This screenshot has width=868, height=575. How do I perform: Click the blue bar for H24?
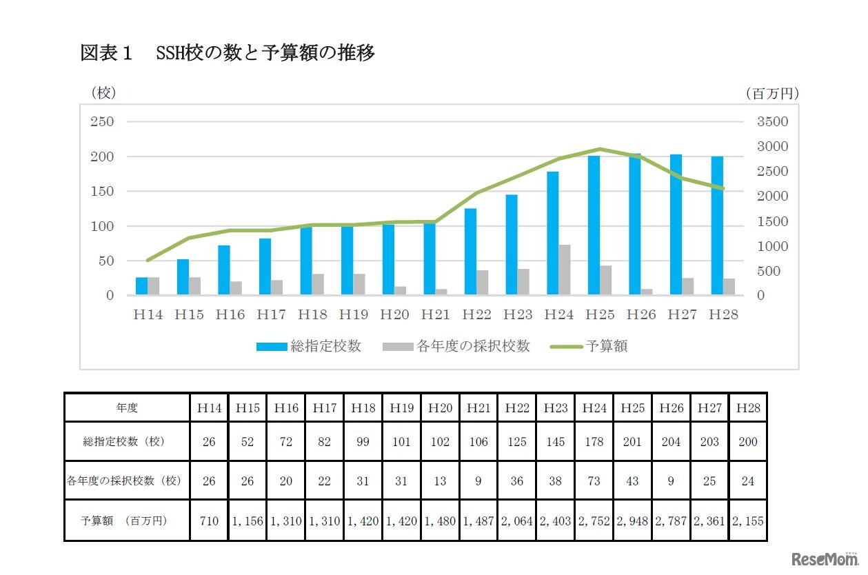point(553,233)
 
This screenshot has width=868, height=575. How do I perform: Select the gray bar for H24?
point(565,270)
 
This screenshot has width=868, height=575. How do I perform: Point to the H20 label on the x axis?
point(394,314)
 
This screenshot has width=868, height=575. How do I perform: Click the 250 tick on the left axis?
point(101,122)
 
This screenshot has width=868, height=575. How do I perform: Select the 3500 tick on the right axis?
point(771,122)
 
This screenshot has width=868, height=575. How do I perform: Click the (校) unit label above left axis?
point(103,92)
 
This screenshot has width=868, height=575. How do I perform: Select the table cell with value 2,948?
point(632,521)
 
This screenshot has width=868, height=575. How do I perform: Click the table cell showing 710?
point(209,521)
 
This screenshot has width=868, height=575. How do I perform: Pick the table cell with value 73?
point(594,481)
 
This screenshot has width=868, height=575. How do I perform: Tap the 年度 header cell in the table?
point(127,408)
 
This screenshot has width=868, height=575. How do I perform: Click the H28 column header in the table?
point(747,408)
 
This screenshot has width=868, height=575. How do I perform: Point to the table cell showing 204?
point(671,442)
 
